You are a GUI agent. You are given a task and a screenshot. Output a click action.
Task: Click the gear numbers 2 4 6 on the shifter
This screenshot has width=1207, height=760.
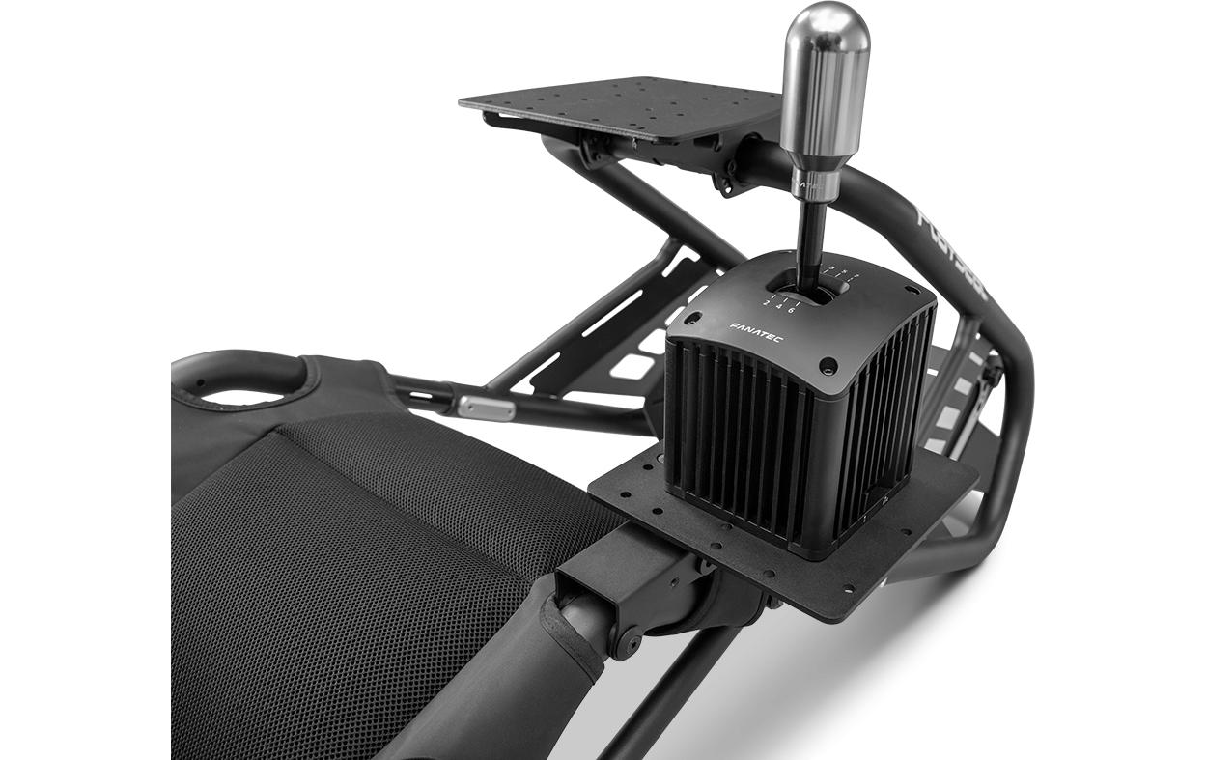[x=778, y=307]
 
